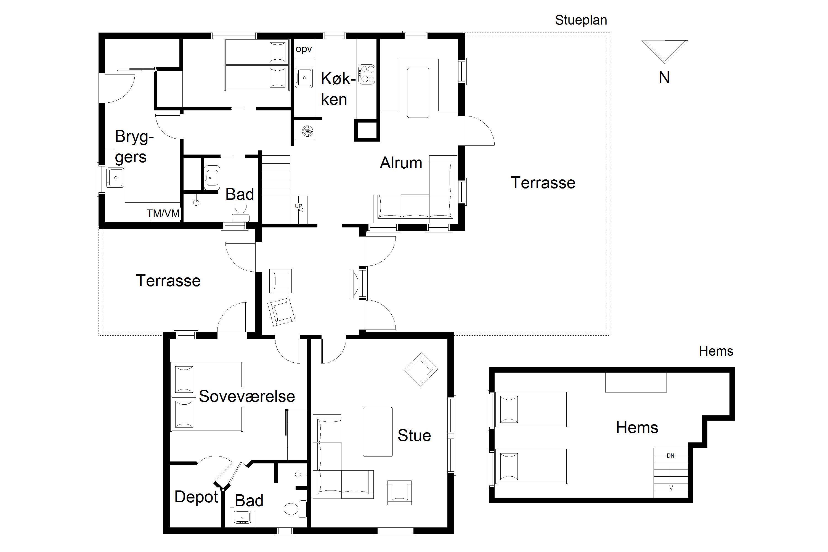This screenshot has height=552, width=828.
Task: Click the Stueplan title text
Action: pyautogui.click(x=581, y=20)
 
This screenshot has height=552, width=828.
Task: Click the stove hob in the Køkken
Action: pyautogui.click(x=367, y=74)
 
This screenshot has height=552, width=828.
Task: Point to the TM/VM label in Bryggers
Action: pyautogui.click(x=163, y=213)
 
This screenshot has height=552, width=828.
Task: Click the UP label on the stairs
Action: pyautogui.click(x=299, y=206)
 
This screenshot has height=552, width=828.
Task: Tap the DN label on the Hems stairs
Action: pyautogui.click(x=671, y=456)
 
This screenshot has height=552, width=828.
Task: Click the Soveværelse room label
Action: pyautogui.click(x=247, y=396)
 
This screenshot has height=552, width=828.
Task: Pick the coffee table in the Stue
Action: pyautogui.click(x=378, y=432)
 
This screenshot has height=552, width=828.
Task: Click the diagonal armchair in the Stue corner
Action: pyautogui.click(x=421, y=369)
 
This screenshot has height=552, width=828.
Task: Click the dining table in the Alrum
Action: pyautogui.click(x=418, y=92)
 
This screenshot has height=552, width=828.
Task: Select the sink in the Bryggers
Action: pyautogui.click(x=115, y=177)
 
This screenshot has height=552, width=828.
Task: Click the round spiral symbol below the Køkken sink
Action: pyautogui.click(x=307, y=131)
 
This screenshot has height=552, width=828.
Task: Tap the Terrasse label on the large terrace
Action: pyautogui.click(x=543, y=183)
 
